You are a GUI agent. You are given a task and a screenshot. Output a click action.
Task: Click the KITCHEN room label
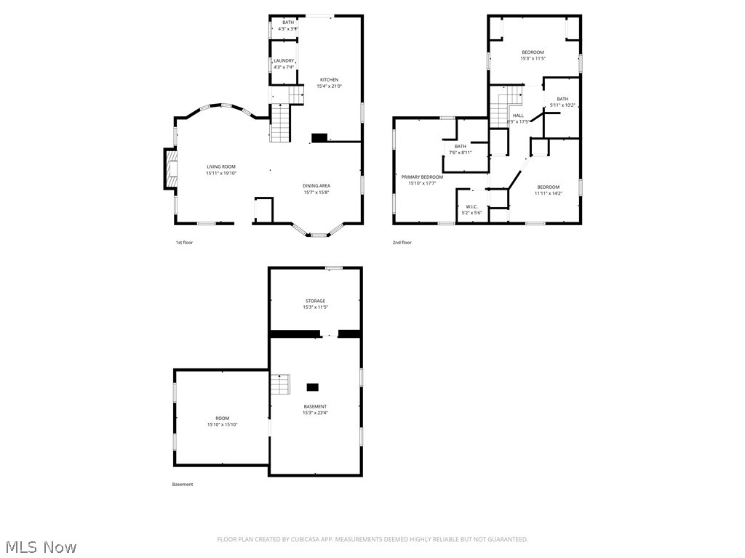tap(329, 80)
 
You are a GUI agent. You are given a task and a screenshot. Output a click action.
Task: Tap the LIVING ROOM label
tap(221, 166)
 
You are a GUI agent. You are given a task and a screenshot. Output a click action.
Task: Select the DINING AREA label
tap(316, 186)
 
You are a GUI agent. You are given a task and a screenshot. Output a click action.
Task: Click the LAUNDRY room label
tap(284, 61)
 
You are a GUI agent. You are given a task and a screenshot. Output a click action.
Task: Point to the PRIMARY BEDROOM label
tap(422, 177)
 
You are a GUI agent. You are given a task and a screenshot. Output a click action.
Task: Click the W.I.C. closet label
tap(471, 206)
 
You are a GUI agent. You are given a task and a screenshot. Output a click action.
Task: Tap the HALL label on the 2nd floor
tap(518, 116)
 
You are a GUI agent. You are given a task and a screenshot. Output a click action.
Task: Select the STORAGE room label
tap(315, 301)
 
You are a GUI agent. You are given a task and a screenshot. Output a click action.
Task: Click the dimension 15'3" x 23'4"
tap(315, 413)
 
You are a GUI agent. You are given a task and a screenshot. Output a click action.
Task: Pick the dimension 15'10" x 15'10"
tap(222, 424)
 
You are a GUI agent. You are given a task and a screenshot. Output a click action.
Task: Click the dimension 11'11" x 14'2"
tap(548, 193)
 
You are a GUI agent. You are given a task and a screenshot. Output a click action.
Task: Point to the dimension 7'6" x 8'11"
tap(461, 153)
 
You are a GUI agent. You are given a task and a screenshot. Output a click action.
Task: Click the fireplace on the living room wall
tap(170, 169)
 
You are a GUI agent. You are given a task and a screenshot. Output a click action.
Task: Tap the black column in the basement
tap(312, 387)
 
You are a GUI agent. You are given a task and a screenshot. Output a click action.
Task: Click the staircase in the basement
tap(281, 384)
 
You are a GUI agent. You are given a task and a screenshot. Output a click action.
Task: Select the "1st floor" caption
tap(184, 243)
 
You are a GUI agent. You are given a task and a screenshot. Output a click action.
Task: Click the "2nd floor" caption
tap(402, 243)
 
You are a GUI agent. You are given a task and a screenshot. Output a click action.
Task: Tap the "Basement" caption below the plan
tap(183, 485)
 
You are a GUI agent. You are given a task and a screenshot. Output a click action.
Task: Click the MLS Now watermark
tap(41, 547)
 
